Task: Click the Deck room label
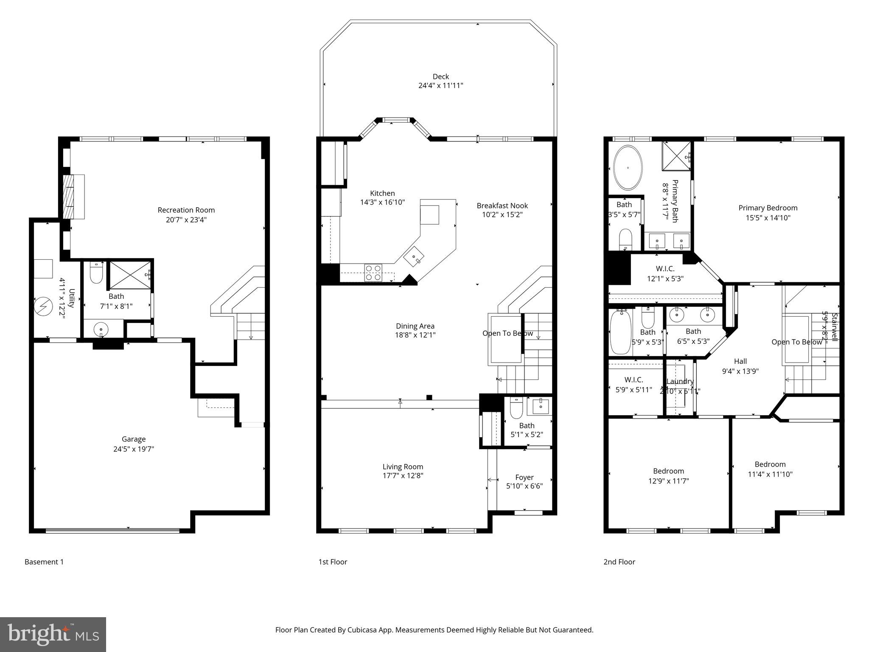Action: tap(440, 77)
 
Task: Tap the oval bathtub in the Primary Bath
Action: tap(628, 168)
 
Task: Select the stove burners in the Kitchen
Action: tap(373, 273)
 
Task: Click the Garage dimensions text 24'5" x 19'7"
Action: tap(133, 449)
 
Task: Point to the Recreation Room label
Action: tap(186, 210)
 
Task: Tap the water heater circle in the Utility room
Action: tap(43, 305)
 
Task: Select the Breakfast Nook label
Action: tap(502, 206)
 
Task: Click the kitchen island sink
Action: tap(414, 257)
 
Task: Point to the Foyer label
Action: tap(524, 477)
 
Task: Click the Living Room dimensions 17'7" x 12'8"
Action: tap(403, 475)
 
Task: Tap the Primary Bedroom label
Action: tap(768, 208)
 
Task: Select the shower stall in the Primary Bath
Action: tap(676, 155)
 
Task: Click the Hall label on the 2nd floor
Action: tap(740, 361)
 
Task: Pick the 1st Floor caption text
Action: tap(333, 562)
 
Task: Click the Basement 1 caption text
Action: tap(44, 562)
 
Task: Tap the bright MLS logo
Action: tap(53, 634)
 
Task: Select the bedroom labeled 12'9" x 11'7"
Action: tap(668, 476)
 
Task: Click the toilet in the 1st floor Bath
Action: tap(515, 408)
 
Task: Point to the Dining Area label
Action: tap(415, 326)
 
